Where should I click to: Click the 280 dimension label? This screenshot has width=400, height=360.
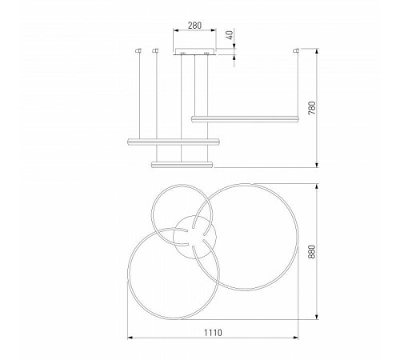tap(195, 24)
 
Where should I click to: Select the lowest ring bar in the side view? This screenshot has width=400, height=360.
tap(182, 164)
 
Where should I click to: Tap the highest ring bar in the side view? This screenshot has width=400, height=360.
tap(246, 118)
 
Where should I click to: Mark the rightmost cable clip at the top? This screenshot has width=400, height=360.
tap(297, 51)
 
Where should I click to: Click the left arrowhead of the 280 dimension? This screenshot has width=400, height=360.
tap(175, 32)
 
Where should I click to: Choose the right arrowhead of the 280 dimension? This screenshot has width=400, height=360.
tap(215, 32)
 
